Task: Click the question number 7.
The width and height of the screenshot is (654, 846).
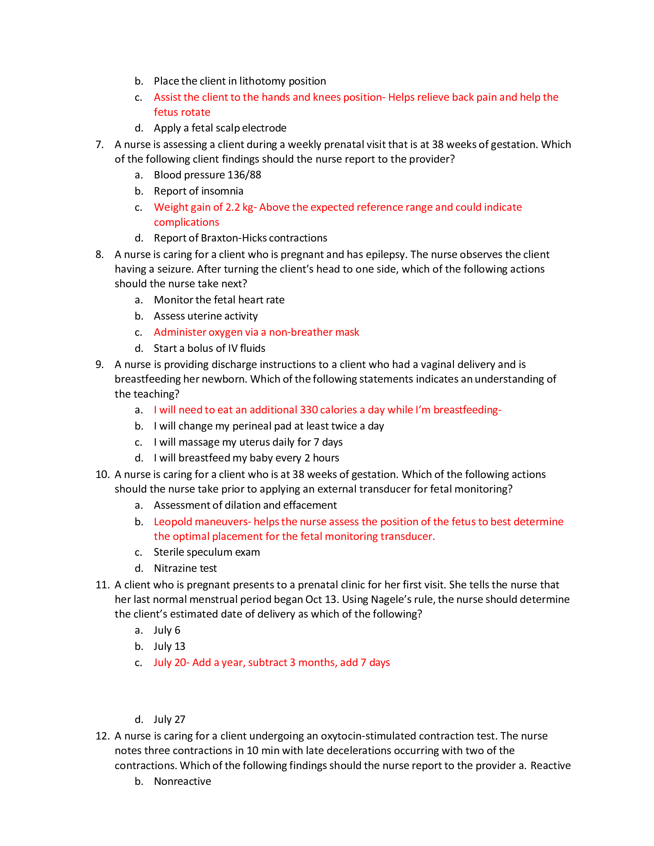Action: click(99, 145)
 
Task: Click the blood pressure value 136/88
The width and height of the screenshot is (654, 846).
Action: click(244, 175)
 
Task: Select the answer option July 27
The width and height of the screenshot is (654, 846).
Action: click(169, 719)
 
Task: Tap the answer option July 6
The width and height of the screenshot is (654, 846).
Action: click(167, 630)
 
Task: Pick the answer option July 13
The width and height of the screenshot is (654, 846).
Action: click(169, 646)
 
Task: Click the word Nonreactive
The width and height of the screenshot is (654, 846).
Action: click(182, 781)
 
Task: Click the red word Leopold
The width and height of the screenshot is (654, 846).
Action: click(173, 522)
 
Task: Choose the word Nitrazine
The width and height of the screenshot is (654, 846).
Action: click(175, 568)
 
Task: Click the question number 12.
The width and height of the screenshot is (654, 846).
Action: click(102, 736)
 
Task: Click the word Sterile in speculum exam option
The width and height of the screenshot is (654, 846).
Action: click(168, 552)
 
